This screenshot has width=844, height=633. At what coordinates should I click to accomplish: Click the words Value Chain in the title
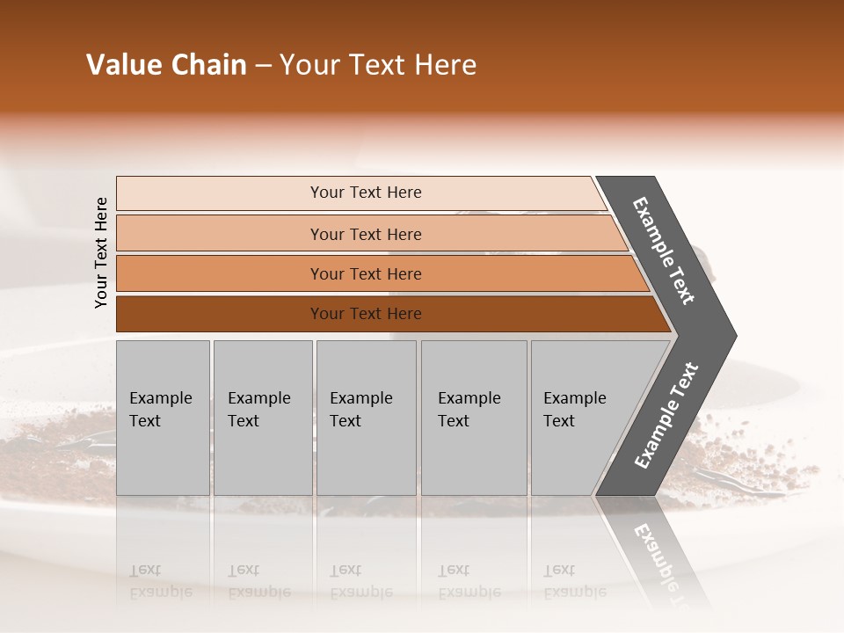(x=166, y=65)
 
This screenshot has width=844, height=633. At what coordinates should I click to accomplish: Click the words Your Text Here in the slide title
(x=378, y=65)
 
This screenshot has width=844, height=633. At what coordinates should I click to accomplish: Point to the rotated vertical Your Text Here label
(x=101, y=252)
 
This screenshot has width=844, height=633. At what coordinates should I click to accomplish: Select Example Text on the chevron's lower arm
(x=666, y=416)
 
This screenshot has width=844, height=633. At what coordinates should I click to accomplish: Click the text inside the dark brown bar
(x=366, y=314)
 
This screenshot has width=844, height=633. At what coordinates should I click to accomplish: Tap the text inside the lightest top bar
(x=366, y=193)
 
